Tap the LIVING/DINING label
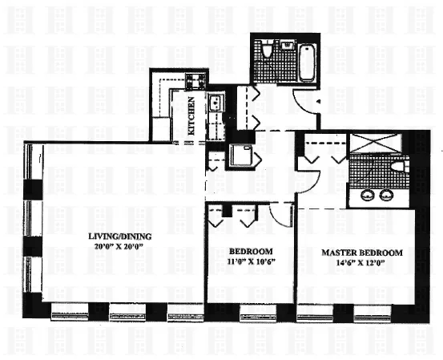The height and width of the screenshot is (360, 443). coord(122,236)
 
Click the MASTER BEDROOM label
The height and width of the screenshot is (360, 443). coord(362,252)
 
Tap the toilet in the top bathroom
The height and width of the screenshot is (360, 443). coord(267,53)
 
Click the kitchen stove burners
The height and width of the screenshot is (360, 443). coord(195,80)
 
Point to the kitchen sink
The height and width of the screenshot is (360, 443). coord(215,103)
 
